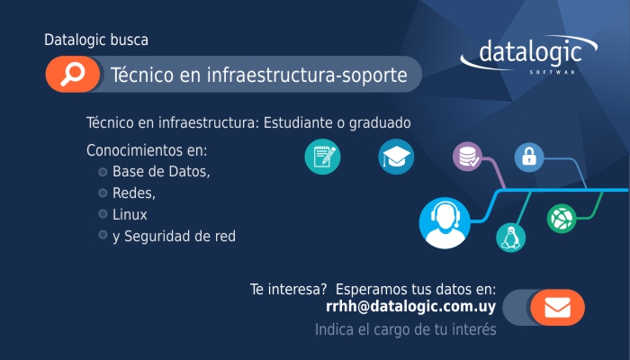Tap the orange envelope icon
pyautogui.click(x=557, y=308)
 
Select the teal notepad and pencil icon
pyautogui.click(x=322, y=157)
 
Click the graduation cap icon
pyautogui.click(x=395, y=157)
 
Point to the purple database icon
pyautogui.click(x=469, y=157)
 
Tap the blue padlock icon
pyautogui.click(x=529, y=157)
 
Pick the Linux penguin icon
pyautogui.click(x=510, y=237)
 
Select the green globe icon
pyautogui.click(x=561, y=218)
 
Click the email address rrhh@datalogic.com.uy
pyautogui.click(x=411, y=307)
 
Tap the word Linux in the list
pyautogui.click(x=130, y=215)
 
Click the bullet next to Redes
pyautogui.click(x=103, y=193)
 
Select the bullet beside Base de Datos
pyautogui.click(x=103, y=172)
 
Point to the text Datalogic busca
pyautogui.click(x=96, y=40)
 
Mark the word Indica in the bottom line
pyautogui.click(x=335, y=329)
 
